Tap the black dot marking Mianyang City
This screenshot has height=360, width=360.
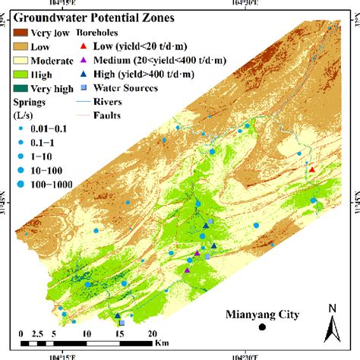point(262,328)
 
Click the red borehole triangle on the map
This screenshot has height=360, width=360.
point(311,170)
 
